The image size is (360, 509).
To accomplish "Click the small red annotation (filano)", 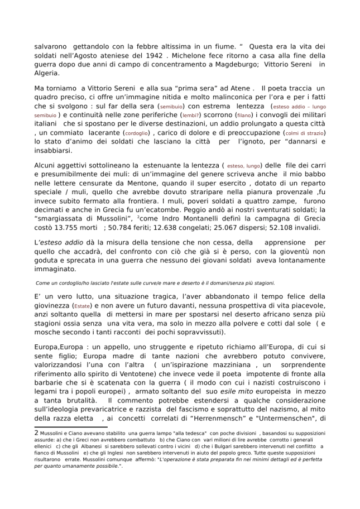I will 244,116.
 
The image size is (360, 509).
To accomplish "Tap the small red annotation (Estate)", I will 82,306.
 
